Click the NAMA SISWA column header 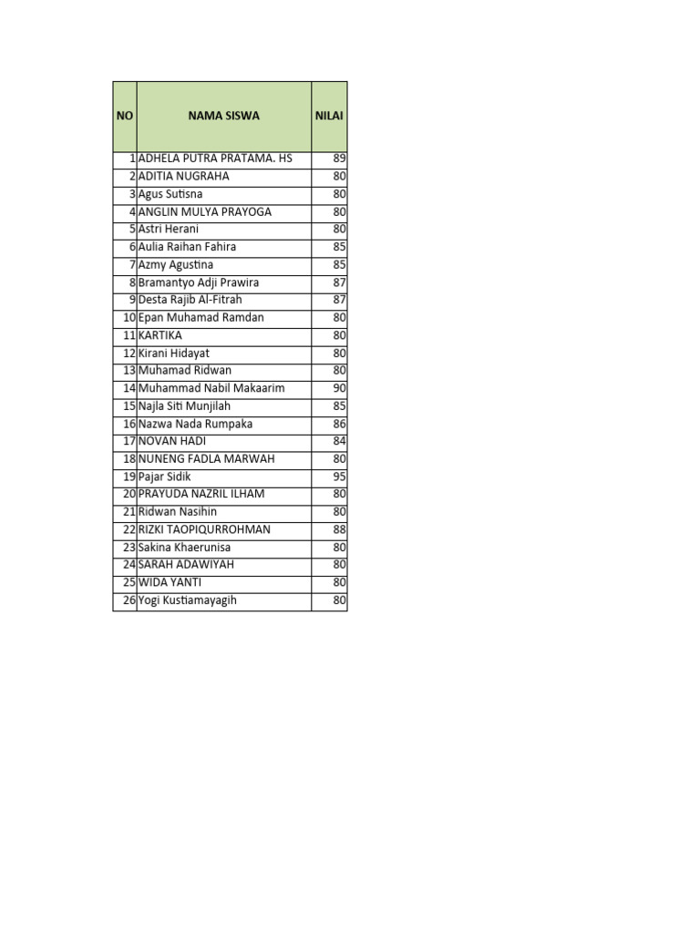point(223,116)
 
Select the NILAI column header point(329,116)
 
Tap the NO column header point(124,116)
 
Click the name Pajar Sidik point(165,477)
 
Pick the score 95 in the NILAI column point(339,477)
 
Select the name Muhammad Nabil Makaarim point(211,388)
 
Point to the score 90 point(339,388)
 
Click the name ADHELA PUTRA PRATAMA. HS point(215,159)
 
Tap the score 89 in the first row point(339,159)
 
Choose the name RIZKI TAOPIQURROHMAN point(204,529)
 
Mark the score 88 point(339,529)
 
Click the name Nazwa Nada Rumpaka point(195,424)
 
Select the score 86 point(339,424)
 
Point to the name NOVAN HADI point(171,441)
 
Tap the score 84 point(339,441)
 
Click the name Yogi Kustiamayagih point(187,600)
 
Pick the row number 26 point(129,600)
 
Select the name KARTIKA point(160,335)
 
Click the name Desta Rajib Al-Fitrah point(190,300)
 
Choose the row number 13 point(129,371)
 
